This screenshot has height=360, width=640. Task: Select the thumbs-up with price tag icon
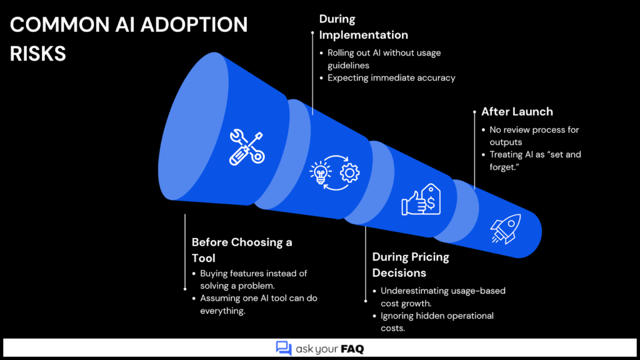pos(421,200)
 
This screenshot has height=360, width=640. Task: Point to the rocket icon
pos(506,229)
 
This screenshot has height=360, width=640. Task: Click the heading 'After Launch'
pos(517,112)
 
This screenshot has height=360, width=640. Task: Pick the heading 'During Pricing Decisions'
pos(411,265)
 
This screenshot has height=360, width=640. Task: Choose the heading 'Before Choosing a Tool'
pos(242,250)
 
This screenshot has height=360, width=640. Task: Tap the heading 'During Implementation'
pos(364,27)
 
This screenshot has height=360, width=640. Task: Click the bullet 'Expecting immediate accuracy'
pos(391,78)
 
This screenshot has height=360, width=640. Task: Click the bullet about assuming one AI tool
pos(259,304)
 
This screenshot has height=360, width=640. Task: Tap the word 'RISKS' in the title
pos(38,53)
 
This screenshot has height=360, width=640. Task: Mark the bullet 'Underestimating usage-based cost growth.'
pos(443,297)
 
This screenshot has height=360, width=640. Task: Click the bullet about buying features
pos(253,279)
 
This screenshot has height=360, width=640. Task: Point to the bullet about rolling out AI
pos(384,58)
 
